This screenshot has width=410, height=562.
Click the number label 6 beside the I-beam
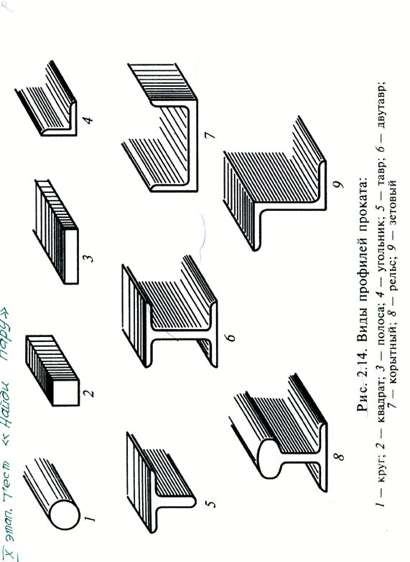(x=231, y=337)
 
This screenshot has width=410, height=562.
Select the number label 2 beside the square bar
(x=89, y=393)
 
